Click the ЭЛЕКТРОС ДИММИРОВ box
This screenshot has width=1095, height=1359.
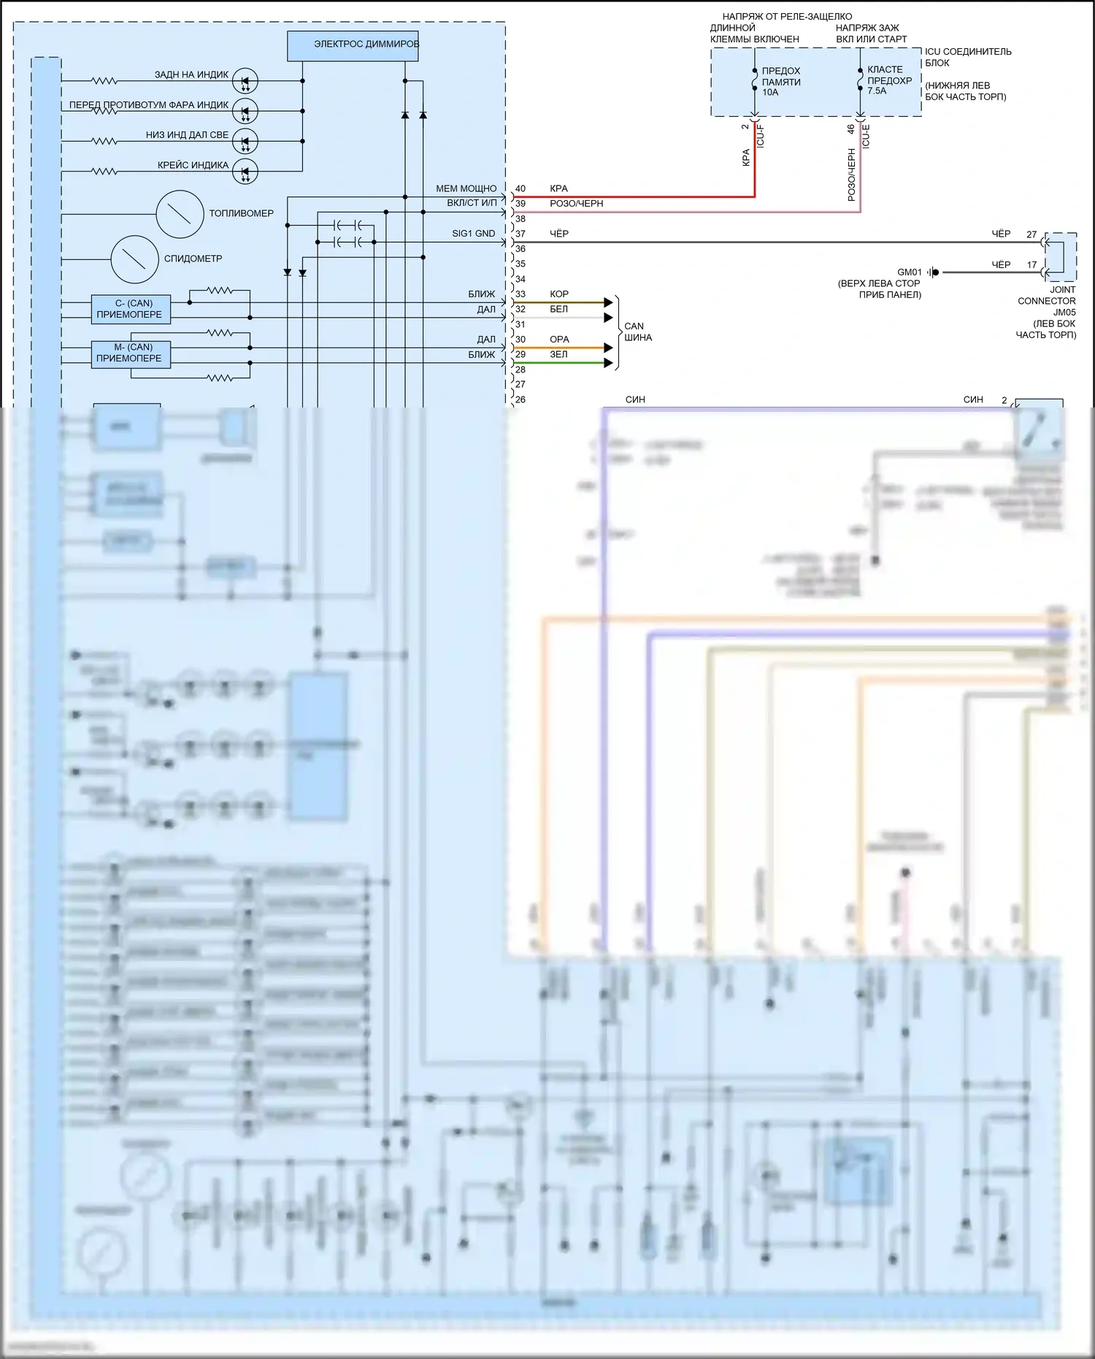pyautogui.click(x=353, y=45)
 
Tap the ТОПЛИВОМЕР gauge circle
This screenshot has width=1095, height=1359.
pyautogui.click(x=180, y=214)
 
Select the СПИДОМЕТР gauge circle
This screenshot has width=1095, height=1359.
pyautogui.click(x=134, y=259)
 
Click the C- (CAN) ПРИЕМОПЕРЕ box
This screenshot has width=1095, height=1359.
pyautogui.click(x=131, y=309)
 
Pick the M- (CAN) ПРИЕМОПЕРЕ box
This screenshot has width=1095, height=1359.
pyautogui.click(x=131, y=353)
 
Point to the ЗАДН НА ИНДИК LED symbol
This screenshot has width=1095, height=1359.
pyautogui.click(x=245, y=81)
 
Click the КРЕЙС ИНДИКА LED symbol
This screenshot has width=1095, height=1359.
pyautogui.click(x=245, y=172)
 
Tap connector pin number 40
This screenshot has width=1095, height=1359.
pyautogui.click(x=520, y=188)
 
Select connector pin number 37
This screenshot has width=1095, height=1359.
pyautogui.click(x=520, y=234)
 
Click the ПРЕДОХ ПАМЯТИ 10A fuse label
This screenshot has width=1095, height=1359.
pyautogui.click(x=781, y=82)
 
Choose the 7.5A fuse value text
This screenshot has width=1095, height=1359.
pyautogui.click(x=877, y=91)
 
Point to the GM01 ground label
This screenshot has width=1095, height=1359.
pyautogui.click(x=910, y=272)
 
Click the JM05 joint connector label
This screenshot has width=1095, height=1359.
pyautogui.click(x=1064, y=313)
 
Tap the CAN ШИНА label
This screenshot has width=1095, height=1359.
pyautogui.click(x=637, y=332)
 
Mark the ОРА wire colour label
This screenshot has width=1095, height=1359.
pyautogui.click(x=559, y=340)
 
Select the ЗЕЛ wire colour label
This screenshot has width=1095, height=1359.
pyautogui.click(x=558, y=354)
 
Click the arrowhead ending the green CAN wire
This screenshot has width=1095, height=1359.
pyautogui.click(x=609, y=362)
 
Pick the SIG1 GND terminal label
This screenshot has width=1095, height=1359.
pyautogui.click(x=473, y=234)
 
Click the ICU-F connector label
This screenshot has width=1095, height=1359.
pyautogui.click(x=760, y=137)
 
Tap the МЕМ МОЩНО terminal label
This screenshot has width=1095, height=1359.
pyautogui.click(x=466, y=188)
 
